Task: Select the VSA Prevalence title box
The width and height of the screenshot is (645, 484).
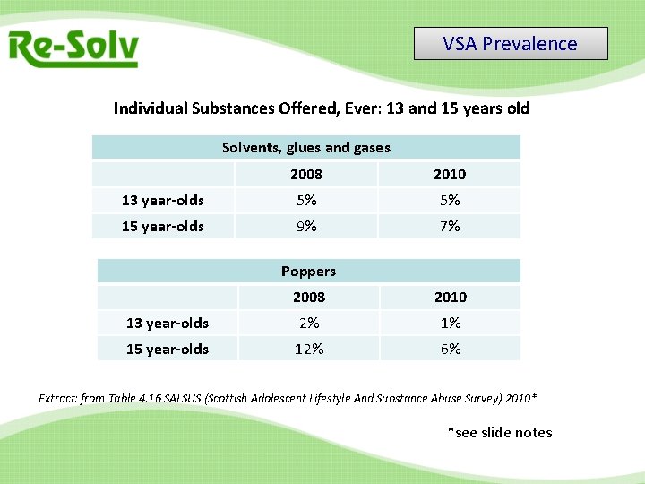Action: [511, 44]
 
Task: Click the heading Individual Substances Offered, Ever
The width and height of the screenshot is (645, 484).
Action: [322, 108]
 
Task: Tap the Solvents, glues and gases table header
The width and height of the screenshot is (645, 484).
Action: [306, 147]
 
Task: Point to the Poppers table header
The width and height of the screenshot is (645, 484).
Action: [308, 271]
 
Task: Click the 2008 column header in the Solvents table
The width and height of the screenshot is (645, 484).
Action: [306, 174]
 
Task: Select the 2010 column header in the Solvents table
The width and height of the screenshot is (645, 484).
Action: [450, 174]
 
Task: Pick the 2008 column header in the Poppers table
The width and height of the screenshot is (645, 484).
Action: [309, 297]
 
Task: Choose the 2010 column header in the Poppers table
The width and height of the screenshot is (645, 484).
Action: [451, 297]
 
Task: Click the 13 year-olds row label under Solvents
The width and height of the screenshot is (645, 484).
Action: [163, 200]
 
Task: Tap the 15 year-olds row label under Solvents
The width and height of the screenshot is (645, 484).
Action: [163, 226]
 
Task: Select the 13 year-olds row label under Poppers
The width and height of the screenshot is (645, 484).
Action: [168, 323]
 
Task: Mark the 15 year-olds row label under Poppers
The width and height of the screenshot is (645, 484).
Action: [168, 349]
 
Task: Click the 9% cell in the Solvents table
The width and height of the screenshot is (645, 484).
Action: [306, 226]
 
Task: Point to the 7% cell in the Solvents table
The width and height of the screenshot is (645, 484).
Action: [450, 226]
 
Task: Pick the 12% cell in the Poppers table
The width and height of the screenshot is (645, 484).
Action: [309, 349]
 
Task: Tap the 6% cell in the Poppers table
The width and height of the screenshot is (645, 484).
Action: [451, 349]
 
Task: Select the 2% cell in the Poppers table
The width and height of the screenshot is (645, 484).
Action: [309, 323]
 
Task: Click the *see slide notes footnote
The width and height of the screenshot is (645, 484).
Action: [500, 433]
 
